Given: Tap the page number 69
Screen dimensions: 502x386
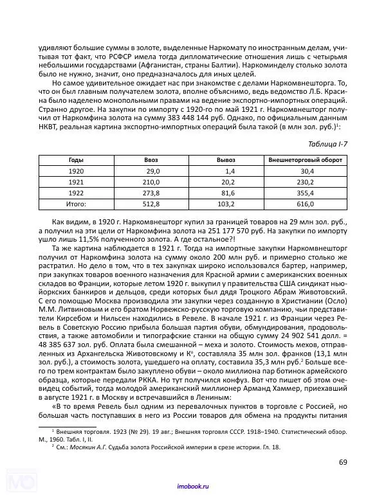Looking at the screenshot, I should pyautogui.click(x=343, y=461).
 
